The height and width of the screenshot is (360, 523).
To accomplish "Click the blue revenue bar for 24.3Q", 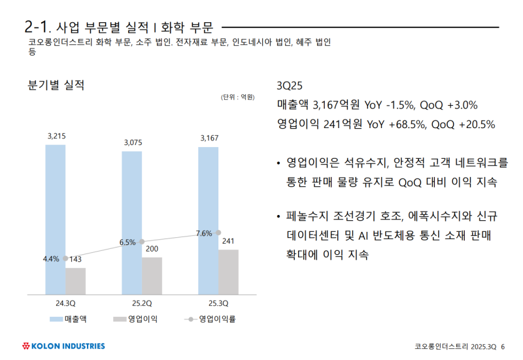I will pos(56,219).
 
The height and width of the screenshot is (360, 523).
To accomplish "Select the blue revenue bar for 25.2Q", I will pos(131,222).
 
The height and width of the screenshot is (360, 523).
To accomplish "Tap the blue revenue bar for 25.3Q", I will pos(208,220).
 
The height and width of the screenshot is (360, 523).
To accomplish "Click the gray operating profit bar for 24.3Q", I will pos(75,281).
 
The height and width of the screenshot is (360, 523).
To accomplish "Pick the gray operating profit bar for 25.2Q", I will pos(152,276).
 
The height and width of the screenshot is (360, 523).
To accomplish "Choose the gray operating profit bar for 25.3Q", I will pos(228,272).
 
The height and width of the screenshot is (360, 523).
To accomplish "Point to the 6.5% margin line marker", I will pos(142,242).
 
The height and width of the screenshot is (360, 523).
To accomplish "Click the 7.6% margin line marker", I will pos(218,233).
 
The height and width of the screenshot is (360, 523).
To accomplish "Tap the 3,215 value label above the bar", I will pos(56,136).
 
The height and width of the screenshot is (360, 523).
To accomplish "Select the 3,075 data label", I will pos(133,142).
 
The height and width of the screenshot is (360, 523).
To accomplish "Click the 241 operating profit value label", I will pos(228,241).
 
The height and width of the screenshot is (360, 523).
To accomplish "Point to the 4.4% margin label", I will pos(51,259).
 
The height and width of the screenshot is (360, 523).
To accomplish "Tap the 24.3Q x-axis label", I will pos(65,303).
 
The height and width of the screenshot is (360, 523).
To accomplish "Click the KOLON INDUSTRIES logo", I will pos(63,346).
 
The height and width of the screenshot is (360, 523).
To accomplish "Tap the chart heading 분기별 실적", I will pos(56,85).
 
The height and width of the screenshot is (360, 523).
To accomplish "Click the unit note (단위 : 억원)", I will pos(237,97).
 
